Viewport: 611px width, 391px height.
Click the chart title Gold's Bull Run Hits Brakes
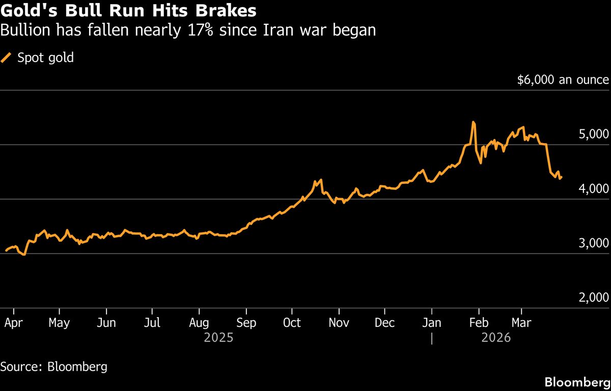[128, 10]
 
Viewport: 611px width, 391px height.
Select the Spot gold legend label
[46, 58]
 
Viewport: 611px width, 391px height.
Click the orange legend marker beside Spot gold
[7, 58]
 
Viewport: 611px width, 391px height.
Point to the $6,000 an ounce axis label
[563, 80]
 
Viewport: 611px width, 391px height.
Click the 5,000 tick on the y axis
[593, 134]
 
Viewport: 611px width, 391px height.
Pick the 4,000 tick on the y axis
[593, 189]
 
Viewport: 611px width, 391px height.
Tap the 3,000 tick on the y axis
[593, 243]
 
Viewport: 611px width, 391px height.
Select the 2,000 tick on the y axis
[593, 298]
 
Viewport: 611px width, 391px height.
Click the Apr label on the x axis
[13, 323]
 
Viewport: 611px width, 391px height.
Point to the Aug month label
[199, 323]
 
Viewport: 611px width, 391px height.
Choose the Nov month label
[339, 323]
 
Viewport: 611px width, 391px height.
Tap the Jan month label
[432, 323]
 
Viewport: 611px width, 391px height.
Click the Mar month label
[521, 323]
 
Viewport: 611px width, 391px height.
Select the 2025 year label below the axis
[219, 338]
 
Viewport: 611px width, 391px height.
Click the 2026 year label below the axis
[496, 338]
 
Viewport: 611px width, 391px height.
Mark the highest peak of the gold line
[473, 122]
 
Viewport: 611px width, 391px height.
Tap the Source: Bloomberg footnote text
[54, 367]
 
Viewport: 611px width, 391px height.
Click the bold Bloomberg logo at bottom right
[577, 382]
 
